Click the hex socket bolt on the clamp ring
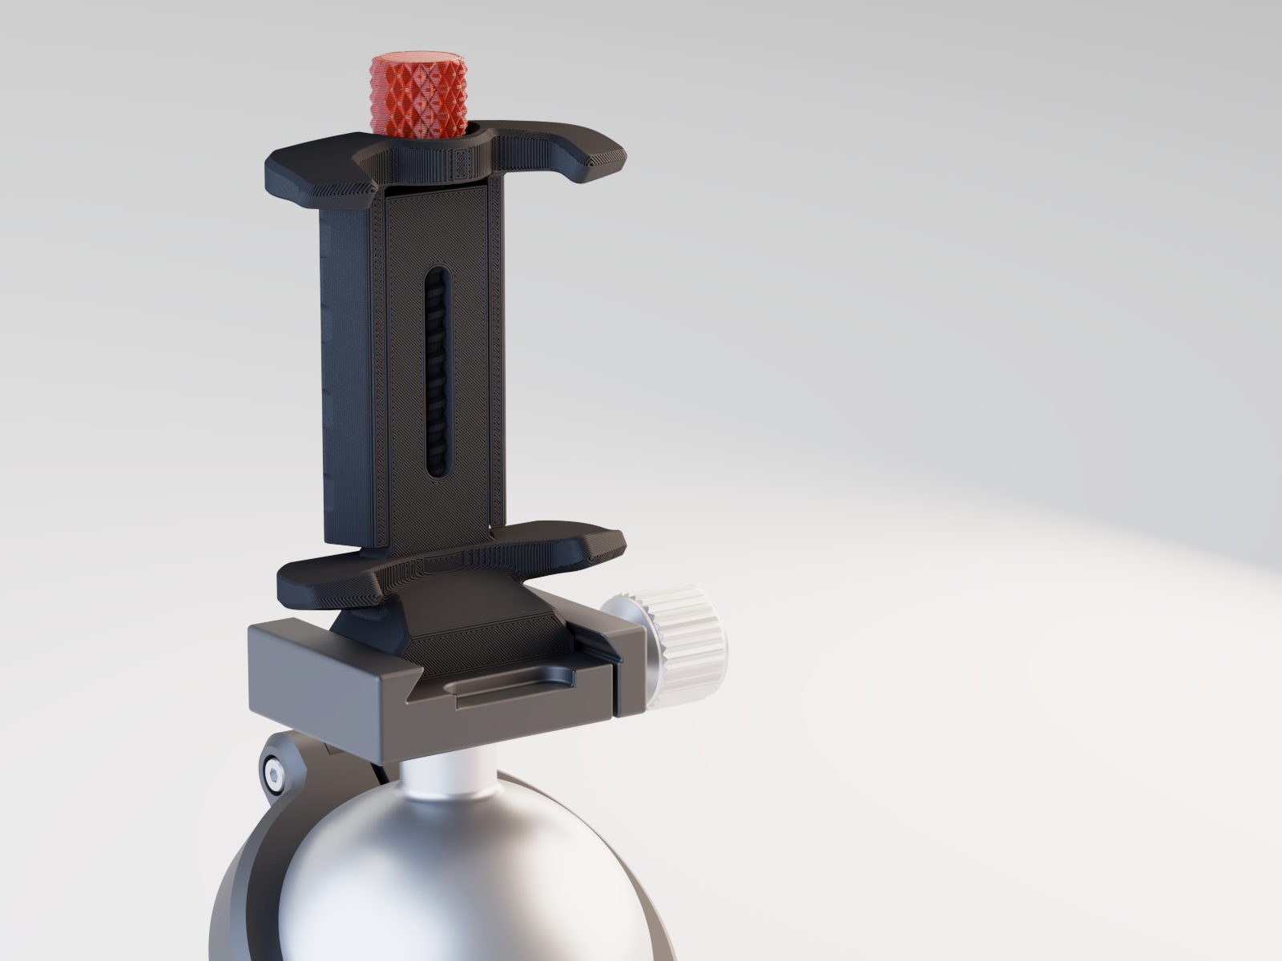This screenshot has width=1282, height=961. point(274,774)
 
